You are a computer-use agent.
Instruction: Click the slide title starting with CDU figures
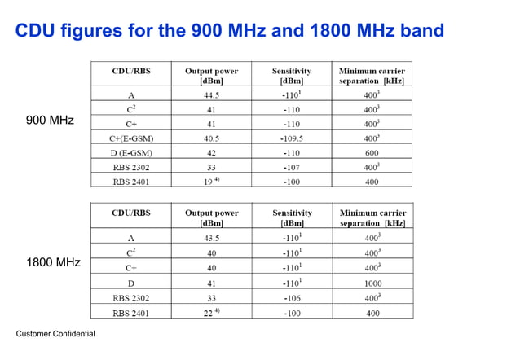(230, 31)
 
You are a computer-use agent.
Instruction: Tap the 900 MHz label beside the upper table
(50, 121)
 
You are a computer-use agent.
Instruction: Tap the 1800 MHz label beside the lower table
(53, 263)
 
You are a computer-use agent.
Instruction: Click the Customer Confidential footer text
(55, 334)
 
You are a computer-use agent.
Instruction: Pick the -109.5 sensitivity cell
(291, 138)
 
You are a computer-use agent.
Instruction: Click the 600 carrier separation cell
(372, 152)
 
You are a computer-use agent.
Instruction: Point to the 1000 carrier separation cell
(372, 283)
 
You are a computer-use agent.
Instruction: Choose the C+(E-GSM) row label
(131, 138)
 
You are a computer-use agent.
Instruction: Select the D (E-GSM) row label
(131, 152)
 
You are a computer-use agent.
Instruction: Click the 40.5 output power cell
(211, 138)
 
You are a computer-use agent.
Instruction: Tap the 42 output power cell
(211, 152)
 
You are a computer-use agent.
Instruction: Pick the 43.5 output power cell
(211, 238)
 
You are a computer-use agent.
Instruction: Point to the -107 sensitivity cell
(291, 167)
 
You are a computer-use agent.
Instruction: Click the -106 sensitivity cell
(291, 297)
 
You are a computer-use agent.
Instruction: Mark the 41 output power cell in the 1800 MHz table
(211, 283)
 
